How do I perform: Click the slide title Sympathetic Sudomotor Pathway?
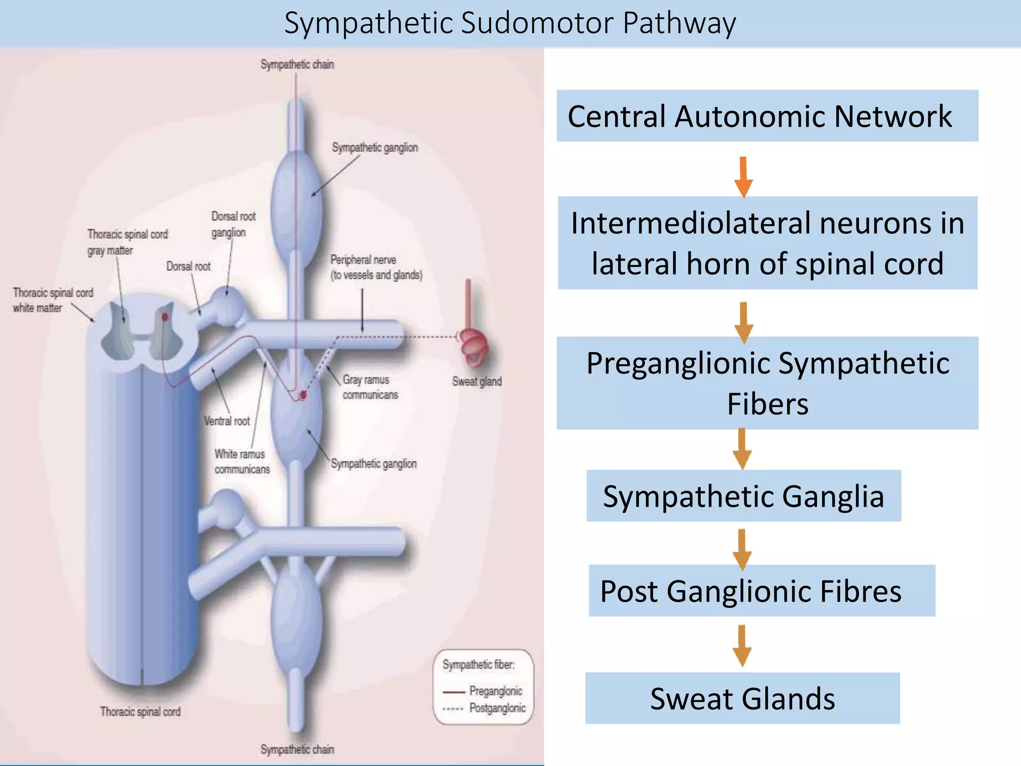click(x=510, y=23)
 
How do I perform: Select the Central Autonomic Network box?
click(x=767, y=116)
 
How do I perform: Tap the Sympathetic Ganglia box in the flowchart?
click(x=743, y=496)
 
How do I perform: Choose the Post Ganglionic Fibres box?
click(x=761, y=591)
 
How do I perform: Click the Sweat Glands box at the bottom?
click(x=742, y=698)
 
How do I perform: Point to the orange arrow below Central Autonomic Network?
click(x=743, y=177)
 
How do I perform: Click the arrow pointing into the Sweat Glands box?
click(x=742, y=645)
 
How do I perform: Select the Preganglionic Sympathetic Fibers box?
click(x=767, y=383)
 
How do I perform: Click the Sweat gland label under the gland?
click(x=477, y=382)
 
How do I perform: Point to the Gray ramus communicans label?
click(x=370, y=387)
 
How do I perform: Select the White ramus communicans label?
click(x=242, y=461)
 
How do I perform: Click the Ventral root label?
click(x=227, y=421)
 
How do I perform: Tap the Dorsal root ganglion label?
click(x=233, y=224)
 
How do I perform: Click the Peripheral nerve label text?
click(x=376, y=267)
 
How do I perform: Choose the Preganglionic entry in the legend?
click(x=495, y=691)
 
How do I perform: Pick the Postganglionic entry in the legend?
click(x=497, y=708)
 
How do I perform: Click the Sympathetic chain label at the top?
click(x=297, y=64)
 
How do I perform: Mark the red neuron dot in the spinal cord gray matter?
click(x=165, y=317)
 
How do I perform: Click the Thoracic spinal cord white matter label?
click(x=53, y=300)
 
